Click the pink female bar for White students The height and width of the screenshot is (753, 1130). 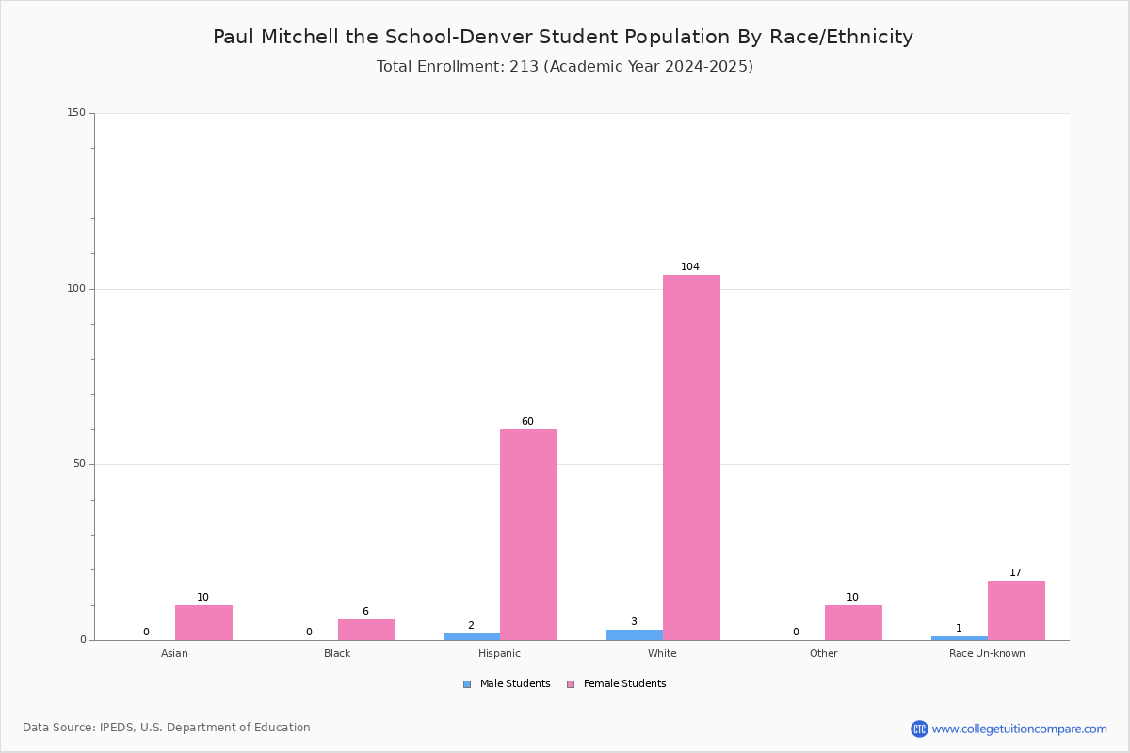[691, 457]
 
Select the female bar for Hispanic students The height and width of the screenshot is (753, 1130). [528, 535]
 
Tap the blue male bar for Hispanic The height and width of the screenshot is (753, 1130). [472, 637]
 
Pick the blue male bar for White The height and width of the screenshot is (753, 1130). [635, 635]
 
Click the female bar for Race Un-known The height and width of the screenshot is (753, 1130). [1016, 611]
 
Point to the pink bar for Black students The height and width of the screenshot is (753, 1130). [366, 630]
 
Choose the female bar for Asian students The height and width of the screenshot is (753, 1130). [203, 623]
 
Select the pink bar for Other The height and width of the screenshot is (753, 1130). [853, 623]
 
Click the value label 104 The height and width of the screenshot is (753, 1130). [690, 266]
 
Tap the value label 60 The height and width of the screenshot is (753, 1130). [527, 421]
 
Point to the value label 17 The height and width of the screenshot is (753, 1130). [1015, 572]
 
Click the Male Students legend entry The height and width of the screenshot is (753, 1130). [507, 683]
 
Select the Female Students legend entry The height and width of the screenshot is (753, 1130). [617, 683]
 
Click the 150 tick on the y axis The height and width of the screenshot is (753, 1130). [76, 112]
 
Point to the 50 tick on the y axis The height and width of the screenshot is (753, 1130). [80, 463]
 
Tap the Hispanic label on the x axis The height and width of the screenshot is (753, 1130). [499, 653]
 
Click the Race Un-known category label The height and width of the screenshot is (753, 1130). [987, 653]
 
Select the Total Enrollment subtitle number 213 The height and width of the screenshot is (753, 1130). [525, 66]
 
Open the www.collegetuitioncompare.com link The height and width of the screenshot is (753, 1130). [1020, 729]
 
